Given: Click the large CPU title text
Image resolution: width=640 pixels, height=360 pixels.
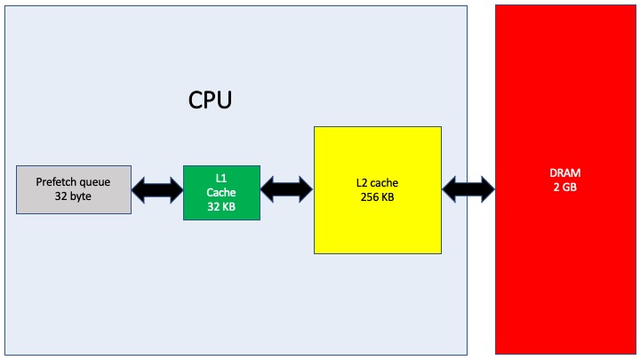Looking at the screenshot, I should (210, 99).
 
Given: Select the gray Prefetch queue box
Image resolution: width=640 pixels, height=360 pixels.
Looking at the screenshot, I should (74, 188).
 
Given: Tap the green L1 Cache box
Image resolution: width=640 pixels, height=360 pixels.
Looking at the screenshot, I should (221, 192).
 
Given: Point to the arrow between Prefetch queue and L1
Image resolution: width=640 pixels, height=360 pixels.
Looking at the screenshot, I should (157, 189).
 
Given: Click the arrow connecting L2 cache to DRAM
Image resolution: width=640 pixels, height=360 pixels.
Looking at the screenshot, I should (468, 188).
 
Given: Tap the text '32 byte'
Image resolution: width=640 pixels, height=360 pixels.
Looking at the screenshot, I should (72, 196).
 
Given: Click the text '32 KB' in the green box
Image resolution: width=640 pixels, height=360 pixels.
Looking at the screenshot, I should (221, 206).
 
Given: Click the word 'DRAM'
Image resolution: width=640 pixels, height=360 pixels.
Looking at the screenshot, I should (563, 172).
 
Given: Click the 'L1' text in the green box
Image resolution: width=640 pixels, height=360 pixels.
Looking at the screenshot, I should (221, 178).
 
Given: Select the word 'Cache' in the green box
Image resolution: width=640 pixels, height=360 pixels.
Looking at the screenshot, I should (221, 192).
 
